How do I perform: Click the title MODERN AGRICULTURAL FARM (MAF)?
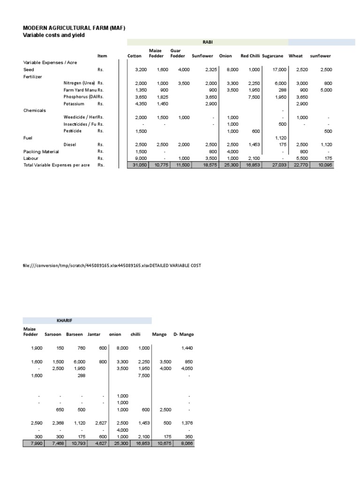[75, 28]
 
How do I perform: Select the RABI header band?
[208, 42]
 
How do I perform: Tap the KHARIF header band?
[64, 321]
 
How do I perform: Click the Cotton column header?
[134, 56]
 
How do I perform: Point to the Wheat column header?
[296, 56]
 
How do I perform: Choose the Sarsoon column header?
[52, 334]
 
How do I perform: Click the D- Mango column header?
[183, 334]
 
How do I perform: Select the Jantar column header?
[94, 334]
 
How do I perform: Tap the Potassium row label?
[74, 104]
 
